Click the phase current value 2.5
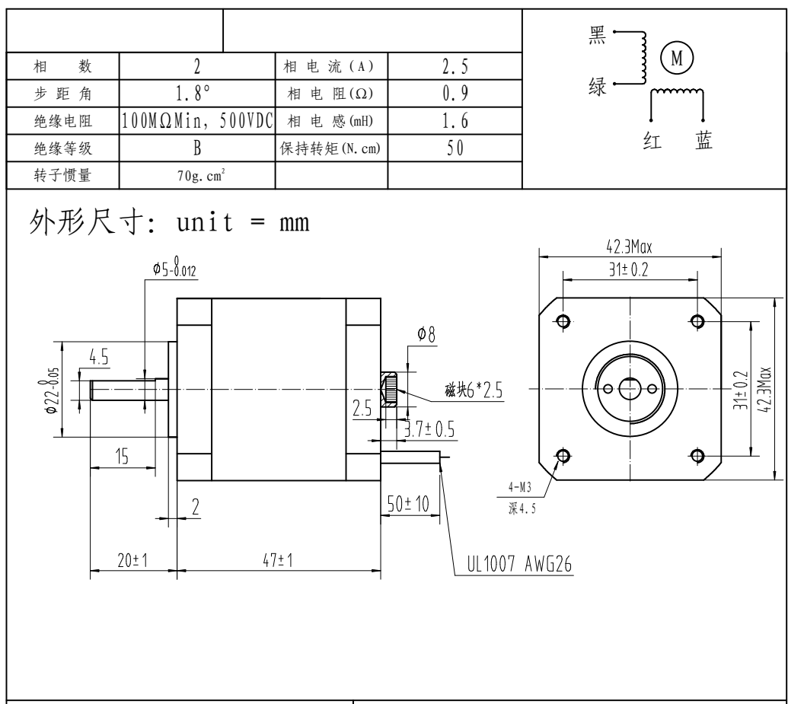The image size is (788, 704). click(455, 67)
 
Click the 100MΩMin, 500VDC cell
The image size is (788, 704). click(197, 121)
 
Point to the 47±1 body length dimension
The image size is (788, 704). click(279, 561)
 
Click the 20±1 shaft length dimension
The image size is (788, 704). click(132, 561)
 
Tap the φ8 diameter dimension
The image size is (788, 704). click(426, 333)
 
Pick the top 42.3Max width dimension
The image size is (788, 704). click(628, 246)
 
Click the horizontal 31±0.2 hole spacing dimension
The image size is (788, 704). click(629, 270)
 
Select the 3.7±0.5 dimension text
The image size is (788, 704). click(429, 430)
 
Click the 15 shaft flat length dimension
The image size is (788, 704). click(121, 456)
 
